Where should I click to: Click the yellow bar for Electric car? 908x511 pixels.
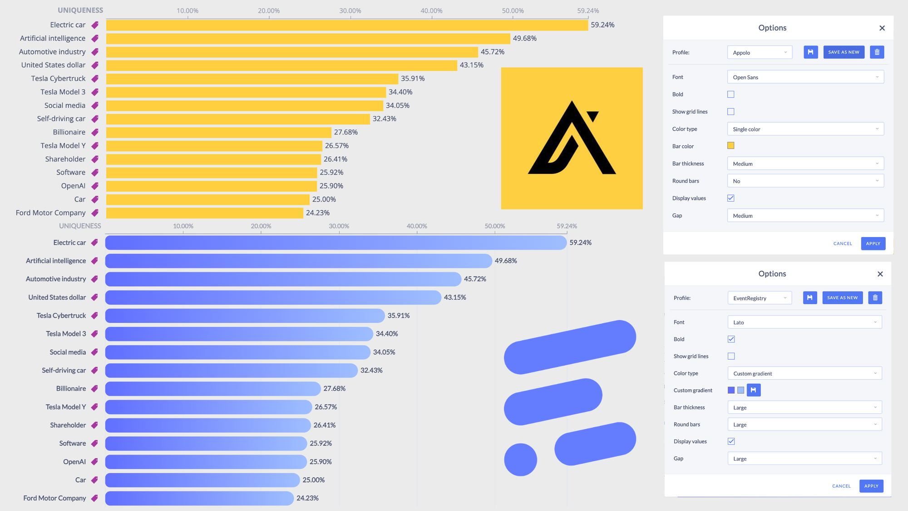coord(347,25)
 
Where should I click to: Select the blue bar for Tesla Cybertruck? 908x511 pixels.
coord(245,316)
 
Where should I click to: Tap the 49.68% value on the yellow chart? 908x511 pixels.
coord(524,39)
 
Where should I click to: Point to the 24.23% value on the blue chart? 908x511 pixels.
coord(307,498)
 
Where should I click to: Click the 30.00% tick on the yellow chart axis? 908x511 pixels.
coord(350,11)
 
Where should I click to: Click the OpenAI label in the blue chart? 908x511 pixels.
coord(74,462)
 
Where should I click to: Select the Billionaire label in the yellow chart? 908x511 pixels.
coord(69,132)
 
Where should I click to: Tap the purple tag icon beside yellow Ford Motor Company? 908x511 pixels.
coord(95,213)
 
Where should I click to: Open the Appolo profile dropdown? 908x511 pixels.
coord(760,53)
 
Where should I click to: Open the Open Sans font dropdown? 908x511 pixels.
coord(805,77)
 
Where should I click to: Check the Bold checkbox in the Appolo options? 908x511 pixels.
coord(731,94)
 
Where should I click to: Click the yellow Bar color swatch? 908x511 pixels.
coord(731,146)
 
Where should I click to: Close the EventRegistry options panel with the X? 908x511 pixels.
coord(880,274)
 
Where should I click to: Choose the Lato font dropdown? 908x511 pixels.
coord(804,322)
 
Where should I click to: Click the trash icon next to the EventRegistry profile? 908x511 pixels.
coord(875,298)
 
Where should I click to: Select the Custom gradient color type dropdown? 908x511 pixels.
coord(804,373)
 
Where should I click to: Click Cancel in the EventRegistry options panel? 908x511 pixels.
coord(841,486)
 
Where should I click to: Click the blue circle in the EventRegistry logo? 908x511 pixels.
coord(521,460)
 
